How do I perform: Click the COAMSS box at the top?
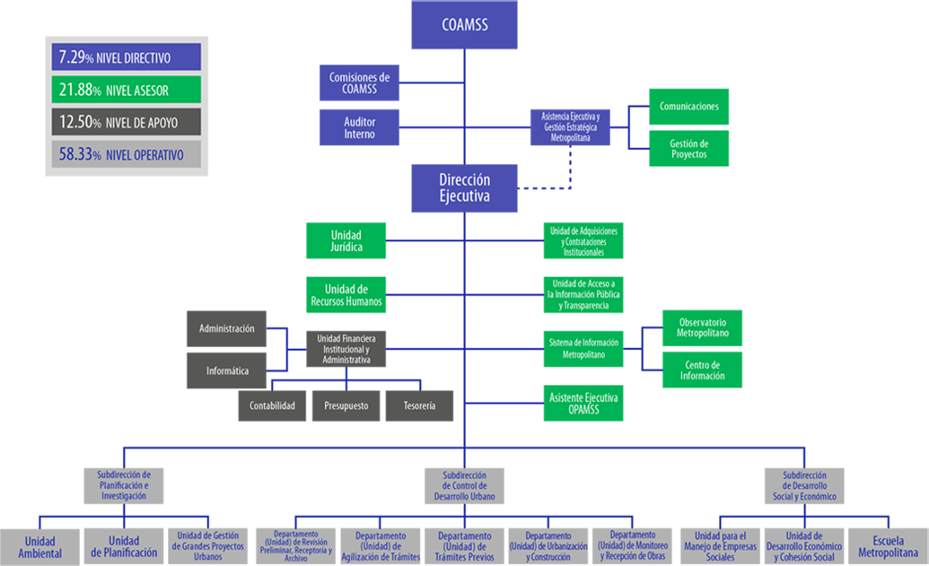pyautogui.click(x=464, y=25)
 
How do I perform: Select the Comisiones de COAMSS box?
pyautogui.click(x=359, y=83)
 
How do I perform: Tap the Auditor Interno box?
pyautogui.click(x=359, y=127)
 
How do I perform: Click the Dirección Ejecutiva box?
pyautogui.click(x=464, y=188)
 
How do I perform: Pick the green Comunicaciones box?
pyautogui.click(x=688, y=106)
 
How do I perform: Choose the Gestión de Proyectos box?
pyautogui.click(x=688, y=149)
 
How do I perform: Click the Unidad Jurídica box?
pyautogui.click(x=346, y=240)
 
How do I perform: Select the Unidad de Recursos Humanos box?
pyautogui.click(x=346, y=295)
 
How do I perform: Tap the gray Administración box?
pyautogui.click(x=227, y=329)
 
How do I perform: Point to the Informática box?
pyautogui.click(x=227, y=370)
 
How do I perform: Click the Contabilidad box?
pyautogui.click(x=273, y=405)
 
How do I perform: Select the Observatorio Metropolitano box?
pyautogui.click(x=702, y=328)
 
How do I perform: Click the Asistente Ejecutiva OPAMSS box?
pyautogui.click(x=583, y=403)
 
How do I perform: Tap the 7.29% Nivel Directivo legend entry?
pyautogui.click(x=126, y=57)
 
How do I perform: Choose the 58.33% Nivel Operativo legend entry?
pyautogui.click(x=126, y=155)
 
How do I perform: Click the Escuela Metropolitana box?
pyautogui.click(x=888, y=547)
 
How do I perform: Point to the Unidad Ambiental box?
pyautogui.click(x=39, y=547)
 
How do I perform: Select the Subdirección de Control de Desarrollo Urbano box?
pyautogui.click(x=464, y=486)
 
